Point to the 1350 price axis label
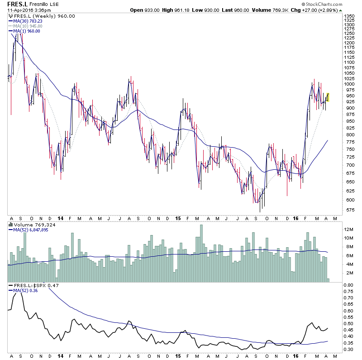348,16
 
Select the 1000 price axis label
348,84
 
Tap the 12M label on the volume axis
348,230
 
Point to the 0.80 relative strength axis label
348,285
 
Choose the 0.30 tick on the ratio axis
348,349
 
